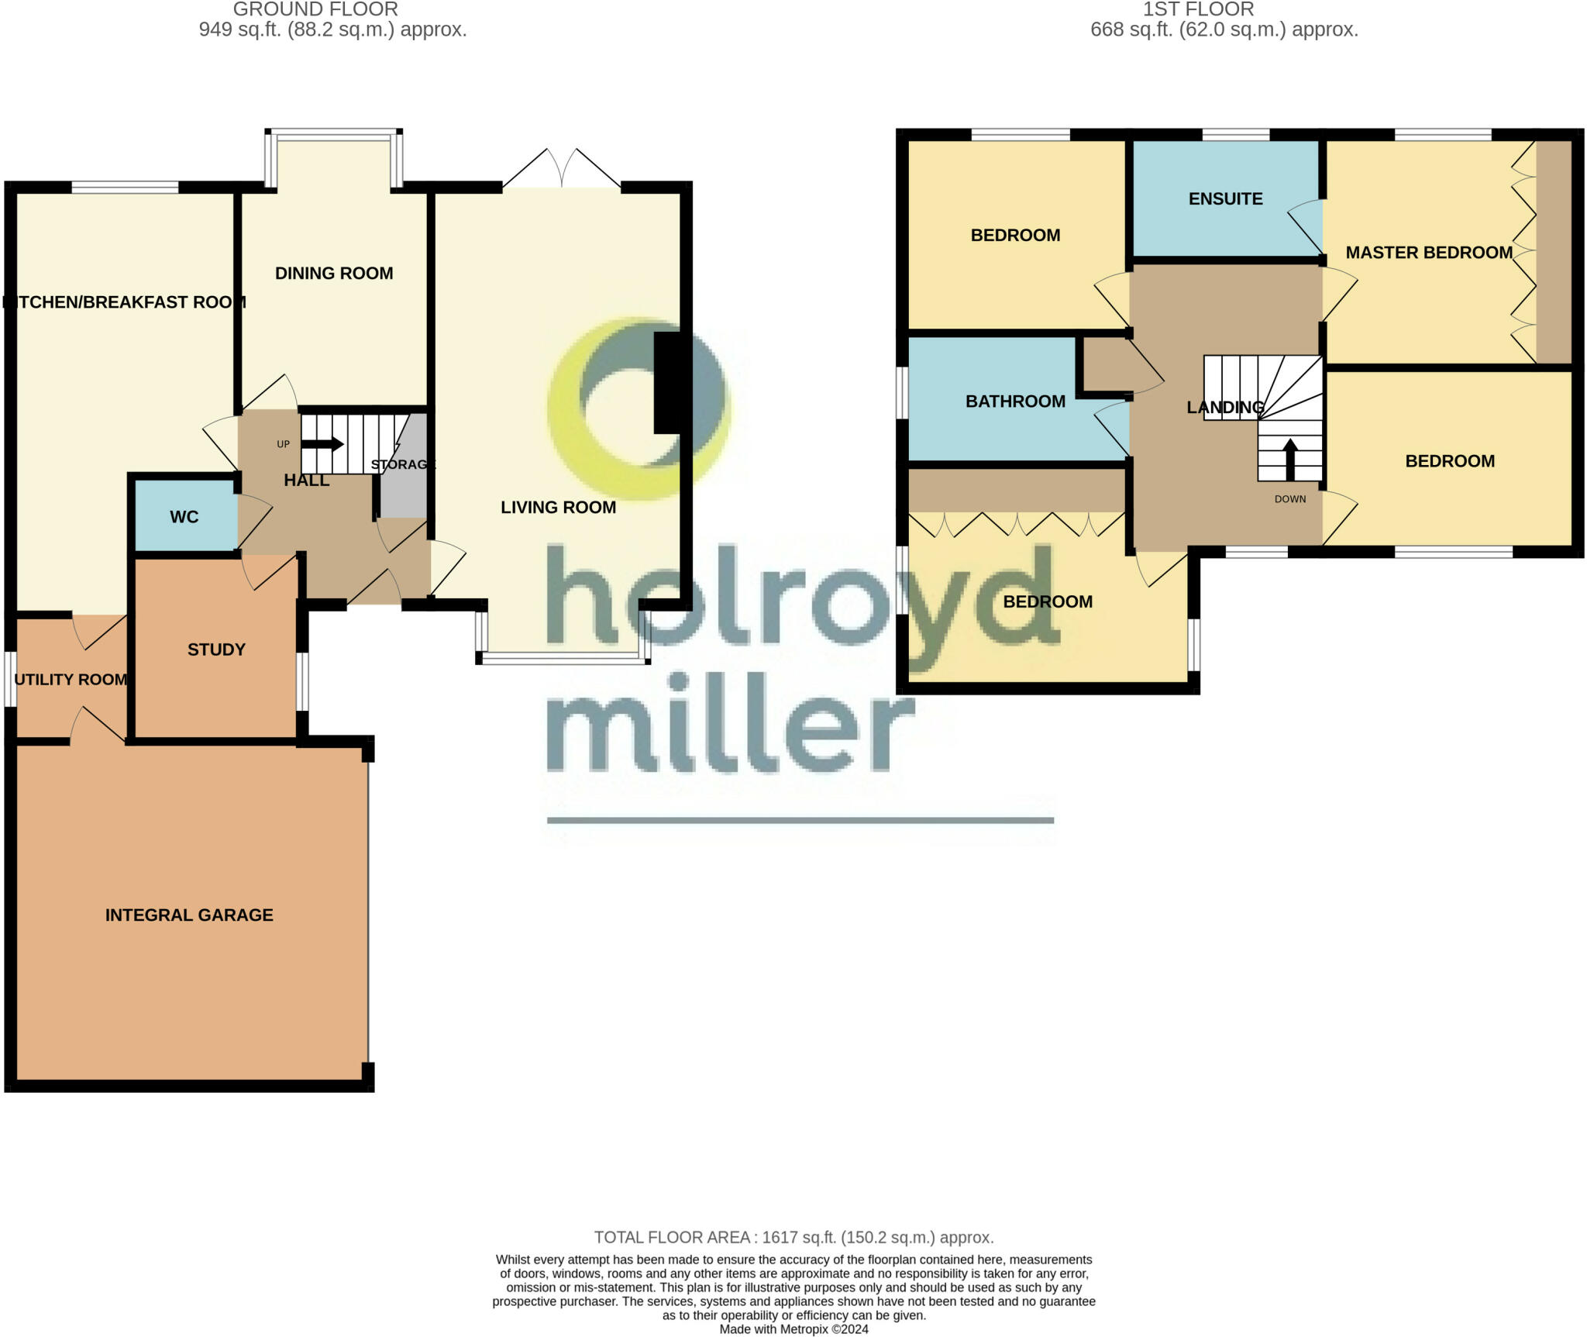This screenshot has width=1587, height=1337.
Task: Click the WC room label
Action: click(184, 517)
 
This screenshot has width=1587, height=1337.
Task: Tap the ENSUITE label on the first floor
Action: click(1225, 199)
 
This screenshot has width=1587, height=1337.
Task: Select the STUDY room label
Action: click(216, 650)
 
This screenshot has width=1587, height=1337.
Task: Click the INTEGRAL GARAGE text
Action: click(189, 915)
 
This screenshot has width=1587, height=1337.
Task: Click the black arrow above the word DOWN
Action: click(1290, 459)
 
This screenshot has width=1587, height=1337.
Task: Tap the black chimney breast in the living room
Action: click(671, 382)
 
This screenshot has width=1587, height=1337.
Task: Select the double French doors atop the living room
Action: click(562, 169)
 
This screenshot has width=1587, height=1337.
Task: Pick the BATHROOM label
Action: click(1015, 401)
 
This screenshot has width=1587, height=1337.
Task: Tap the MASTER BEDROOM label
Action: click(1429, 253)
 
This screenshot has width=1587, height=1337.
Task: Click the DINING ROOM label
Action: click(334, 273)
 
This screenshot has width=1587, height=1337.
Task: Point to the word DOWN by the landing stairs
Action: click(1290, 499)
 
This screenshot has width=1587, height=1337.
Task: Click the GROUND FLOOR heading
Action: click(315, 9)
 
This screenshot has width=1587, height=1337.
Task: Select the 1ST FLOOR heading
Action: click(1198, 9)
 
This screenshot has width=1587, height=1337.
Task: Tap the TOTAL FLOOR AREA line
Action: click(793, 1238)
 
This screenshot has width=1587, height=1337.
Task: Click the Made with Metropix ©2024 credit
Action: click(793, 1329)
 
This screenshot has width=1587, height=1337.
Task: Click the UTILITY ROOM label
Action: click(71, 680)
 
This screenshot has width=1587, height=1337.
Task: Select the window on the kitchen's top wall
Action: click(125, 187)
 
